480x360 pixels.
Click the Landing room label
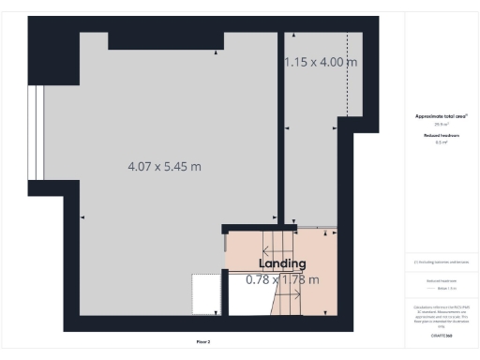(x=281, y=264)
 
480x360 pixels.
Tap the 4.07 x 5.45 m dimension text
(x=165, y=167)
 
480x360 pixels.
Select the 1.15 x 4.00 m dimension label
(x=322, y=63)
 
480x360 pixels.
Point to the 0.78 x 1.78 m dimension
(x=282, y=279)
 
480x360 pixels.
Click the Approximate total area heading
(x=441, y=116)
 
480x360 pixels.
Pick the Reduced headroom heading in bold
(x=441, y=136)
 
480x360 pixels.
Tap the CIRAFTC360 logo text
(x=441, y=334)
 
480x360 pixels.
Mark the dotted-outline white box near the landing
(x=205, y=290)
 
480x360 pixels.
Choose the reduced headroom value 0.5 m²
(x=441, y=142)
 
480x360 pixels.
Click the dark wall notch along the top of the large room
(x=165, y=40)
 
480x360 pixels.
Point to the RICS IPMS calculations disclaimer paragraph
(x=441, y=315)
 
